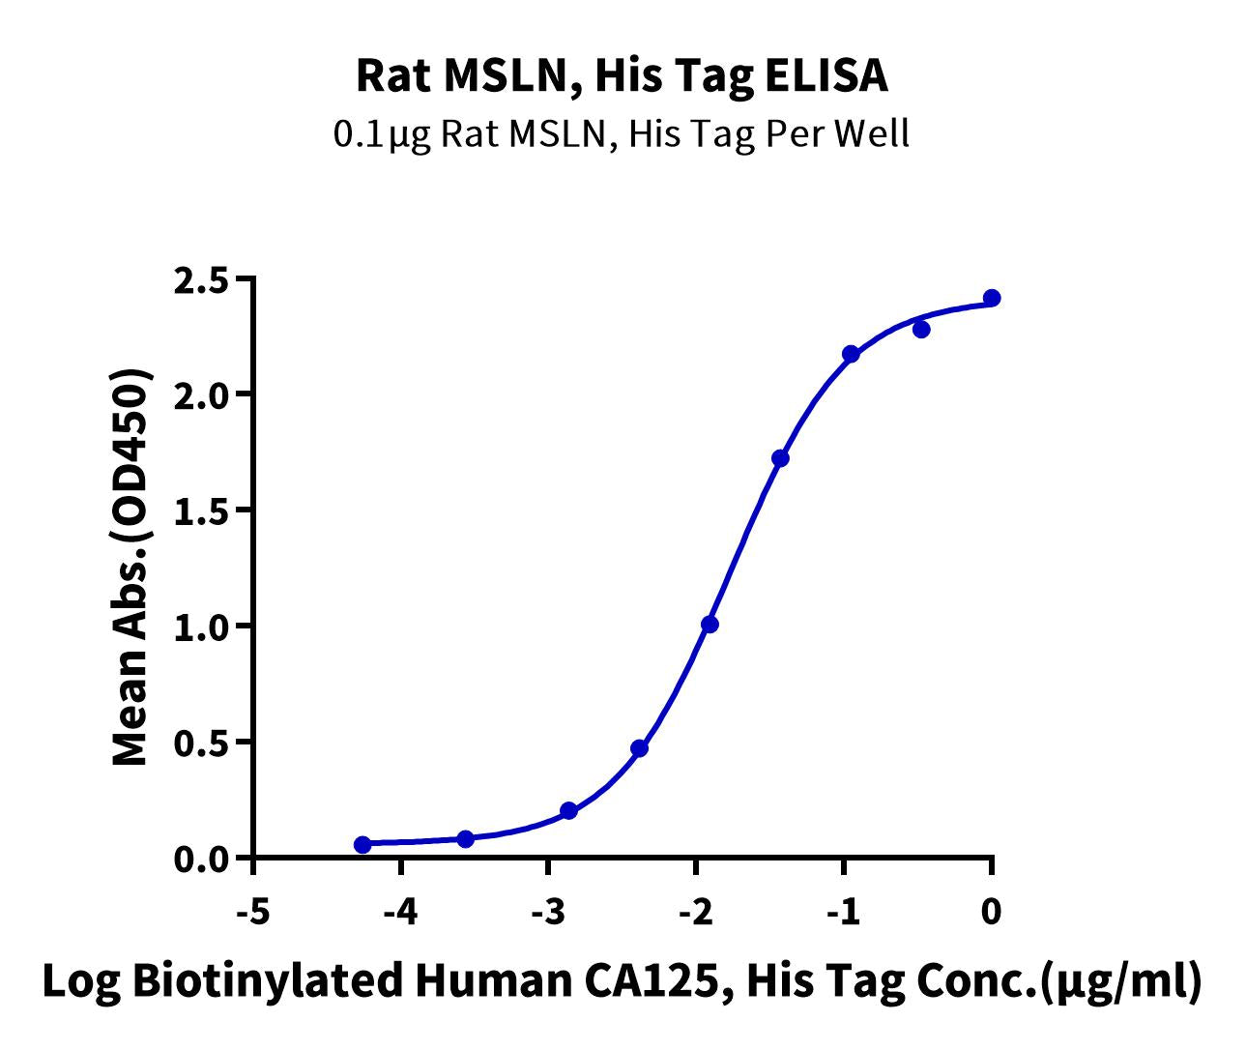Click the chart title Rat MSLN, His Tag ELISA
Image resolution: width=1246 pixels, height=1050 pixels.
click(x=622, y=76)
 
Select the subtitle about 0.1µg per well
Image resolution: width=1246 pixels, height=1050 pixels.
click(x=622, y=133)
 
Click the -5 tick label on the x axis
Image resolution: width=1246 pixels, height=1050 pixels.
click(x=252, y=911)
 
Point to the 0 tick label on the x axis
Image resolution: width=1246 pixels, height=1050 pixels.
click(x=991, y=911)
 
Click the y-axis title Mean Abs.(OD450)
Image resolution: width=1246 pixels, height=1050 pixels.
click(x=131, y=569)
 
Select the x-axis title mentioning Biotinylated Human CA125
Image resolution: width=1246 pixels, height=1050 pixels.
click(x=622, y=981)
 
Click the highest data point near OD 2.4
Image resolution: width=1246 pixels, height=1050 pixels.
click(x=992, y=298)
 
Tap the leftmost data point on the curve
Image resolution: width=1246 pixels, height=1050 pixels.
click(x=362, y=845)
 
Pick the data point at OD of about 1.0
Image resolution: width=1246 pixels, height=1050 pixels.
click(x=710, y=625)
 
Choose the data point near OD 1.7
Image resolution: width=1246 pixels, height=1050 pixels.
click(x=780, y=458)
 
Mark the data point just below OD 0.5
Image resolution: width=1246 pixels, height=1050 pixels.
click(x=639, y=748)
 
